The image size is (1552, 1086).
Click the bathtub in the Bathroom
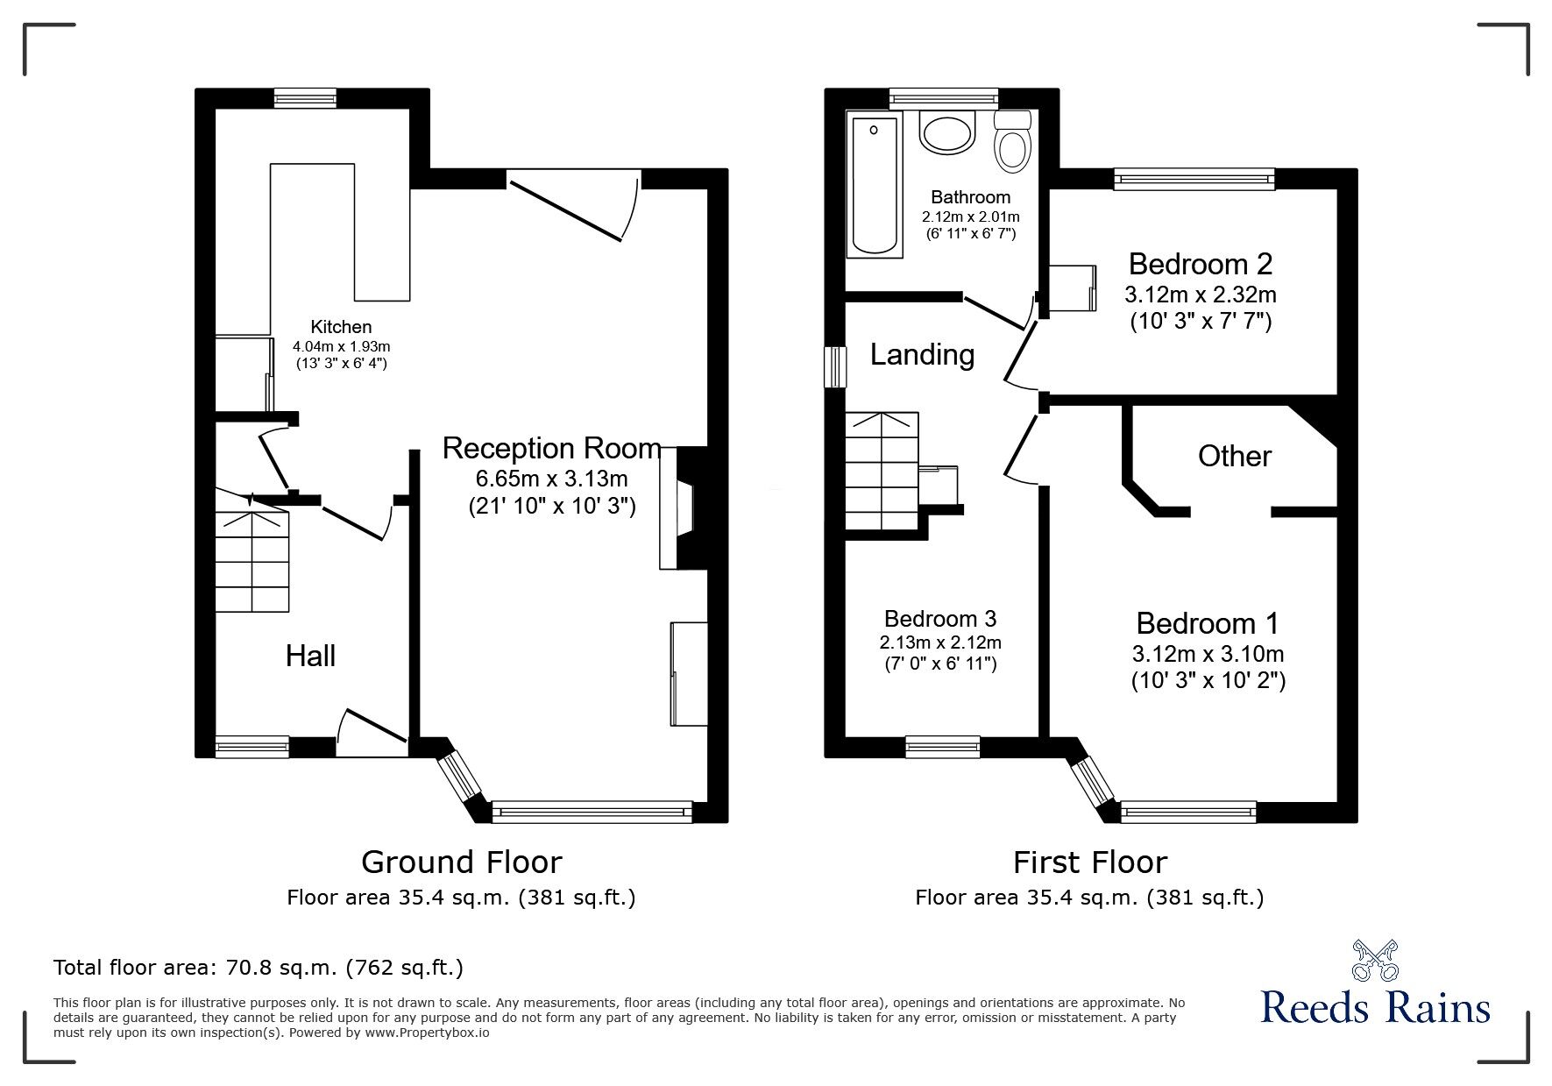874,185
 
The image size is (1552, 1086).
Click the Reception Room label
551,448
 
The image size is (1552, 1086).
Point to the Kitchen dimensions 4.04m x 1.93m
342,347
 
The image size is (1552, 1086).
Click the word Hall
310,656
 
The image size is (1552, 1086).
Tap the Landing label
922,354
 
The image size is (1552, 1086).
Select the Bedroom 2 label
1200,264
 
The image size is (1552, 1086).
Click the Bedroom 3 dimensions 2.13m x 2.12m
940,642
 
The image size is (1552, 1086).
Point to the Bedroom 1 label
1207,623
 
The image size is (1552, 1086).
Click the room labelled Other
1234,456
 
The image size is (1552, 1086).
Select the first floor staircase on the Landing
882,472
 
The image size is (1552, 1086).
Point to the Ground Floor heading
461,862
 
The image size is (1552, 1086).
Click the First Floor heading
1089,862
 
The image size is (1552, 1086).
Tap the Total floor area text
259,968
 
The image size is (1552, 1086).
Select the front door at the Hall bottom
371,735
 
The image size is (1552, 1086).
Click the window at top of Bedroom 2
1194,179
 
